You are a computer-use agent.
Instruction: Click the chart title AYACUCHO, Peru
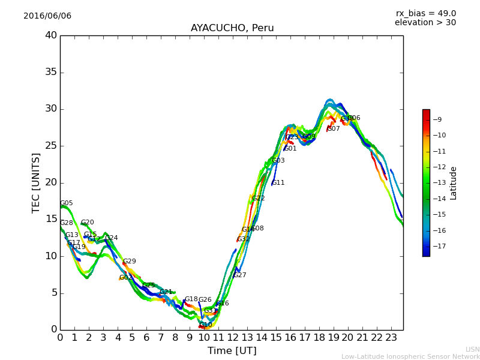point(232,28)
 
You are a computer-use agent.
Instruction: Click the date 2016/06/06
point(47,16)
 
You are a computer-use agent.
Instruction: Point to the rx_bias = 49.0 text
point(425,14)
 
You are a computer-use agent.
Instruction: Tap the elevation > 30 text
point(425,23)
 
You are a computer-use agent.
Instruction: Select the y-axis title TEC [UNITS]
point(36,182)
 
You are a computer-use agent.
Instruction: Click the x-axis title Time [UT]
point(232,351)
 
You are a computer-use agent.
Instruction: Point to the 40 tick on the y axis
point(50,35)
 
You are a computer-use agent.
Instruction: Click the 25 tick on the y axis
point(50,146)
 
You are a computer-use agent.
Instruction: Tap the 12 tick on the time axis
point(232,337)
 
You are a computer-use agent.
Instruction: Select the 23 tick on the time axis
point(391,337)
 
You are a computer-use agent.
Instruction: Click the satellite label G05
point(66,203)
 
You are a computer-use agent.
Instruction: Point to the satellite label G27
point(239,275)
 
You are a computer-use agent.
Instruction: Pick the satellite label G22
point(258,199)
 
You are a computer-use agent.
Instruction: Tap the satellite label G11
point(278,183)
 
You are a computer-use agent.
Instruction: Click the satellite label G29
point(129,262)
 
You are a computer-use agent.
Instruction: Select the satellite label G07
point(334,129)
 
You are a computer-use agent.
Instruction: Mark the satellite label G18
point(191,299)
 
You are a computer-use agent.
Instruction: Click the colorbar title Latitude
point(454,183)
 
